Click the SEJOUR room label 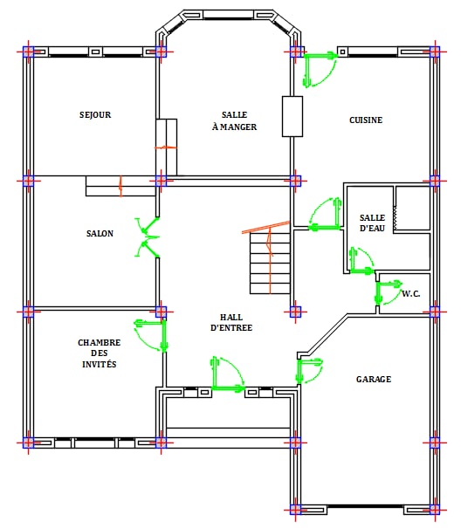click(x=95, y=115)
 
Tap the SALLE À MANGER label click(x=235, y=121)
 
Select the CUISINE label click(x=366, y=120)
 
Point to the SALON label click(x=100, y=233)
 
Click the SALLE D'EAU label click(x=372, y=223)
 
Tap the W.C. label click(x=411, y=293)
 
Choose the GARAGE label click(x=374, y=379)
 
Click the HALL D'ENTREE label click(x=231, y=322)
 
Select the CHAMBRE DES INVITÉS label click(x=99, y=353)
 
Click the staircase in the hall click(x=270, y=264)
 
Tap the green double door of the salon click(x=148, y=237)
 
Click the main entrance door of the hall click(x=228, y=374)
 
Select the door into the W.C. click(x=389, y=292)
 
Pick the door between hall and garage click(x=309, y=371)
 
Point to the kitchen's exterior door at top click(x=320, y=69)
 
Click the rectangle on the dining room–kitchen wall click(x=292, y=116)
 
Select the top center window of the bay click(x=228, y=15)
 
